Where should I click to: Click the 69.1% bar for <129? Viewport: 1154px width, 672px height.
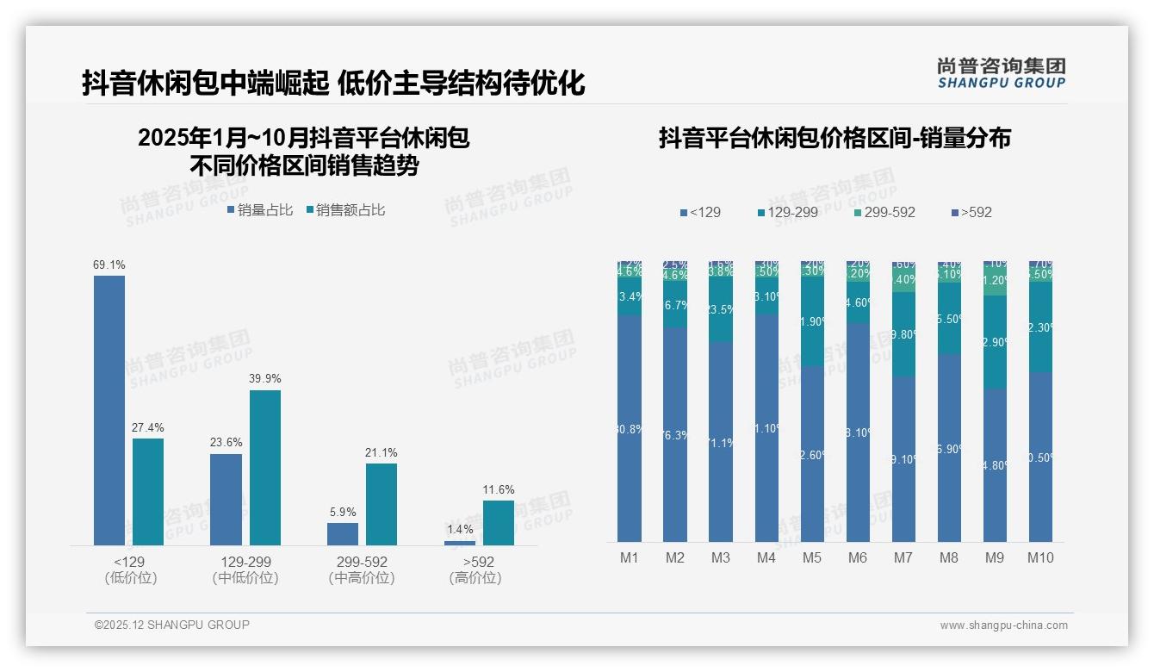click(x=109, y=410)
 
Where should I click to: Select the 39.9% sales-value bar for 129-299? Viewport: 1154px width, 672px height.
click(x=265, y=467)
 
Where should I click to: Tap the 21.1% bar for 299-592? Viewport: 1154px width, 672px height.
click(x=382, y=504)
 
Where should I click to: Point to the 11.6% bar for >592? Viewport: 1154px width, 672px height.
click(x=498, y=522)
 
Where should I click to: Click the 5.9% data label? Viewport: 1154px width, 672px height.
click(x=343, y=513)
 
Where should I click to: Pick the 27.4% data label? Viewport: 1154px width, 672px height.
click(x=148, y=428)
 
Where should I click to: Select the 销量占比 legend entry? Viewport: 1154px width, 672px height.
click(x=260, y=210)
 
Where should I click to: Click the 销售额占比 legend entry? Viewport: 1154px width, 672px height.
click(x=345, y=210)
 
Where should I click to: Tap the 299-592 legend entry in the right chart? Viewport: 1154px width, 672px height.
click(x=884, y=212)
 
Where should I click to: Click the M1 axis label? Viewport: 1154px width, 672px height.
click(x=630, y=557)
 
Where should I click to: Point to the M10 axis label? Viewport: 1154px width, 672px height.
click(x=1040, y=557)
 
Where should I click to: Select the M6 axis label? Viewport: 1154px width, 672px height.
click(x=858, y=557)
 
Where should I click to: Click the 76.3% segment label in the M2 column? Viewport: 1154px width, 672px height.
click(x=675, y=435)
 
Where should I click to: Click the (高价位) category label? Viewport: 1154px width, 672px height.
click(x=475, y=578)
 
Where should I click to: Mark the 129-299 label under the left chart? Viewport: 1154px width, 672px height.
click(x=245, y=562)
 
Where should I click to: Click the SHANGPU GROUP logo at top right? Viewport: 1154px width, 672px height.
click(x=1001, y=73)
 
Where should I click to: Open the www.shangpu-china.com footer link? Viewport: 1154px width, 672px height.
click(x=1003, y=625)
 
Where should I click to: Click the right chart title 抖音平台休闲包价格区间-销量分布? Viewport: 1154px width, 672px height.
click(x=834, y=138)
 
